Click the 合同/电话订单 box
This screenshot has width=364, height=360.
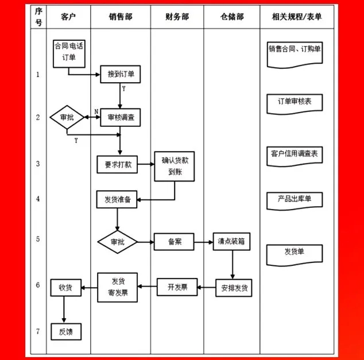(x=69, y=53)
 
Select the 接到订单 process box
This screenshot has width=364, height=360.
(x=120, y=74)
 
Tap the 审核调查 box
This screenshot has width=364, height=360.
(x=120, y=118)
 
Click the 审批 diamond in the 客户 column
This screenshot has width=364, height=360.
(x=67, y=117)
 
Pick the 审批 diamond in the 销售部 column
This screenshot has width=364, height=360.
(x=118, y=242)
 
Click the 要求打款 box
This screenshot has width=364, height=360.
(x=117, y=165)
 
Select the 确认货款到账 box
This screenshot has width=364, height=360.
(x=175, y=166)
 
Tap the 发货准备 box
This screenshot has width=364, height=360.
(x=117, y=199)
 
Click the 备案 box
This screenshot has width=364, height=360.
(x=174, y=242)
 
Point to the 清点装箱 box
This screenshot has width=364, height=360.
(x=232, y=241)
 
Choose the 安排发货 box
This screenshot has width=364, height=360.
(x=234, y=288)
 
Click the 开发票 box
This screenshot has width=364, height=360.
(x=177, y=287)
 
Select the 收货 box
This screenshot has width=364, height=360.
(x=66, y=288)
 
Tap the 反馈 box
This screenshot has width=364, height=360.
(x=66, y=332)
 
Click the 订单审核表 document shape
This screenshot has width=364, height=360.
(x=295, y=104)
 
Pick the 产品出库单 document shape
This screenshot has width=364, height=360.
(x=295, y=201)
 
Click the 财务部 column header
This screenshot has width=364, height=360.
(x=177, y=17)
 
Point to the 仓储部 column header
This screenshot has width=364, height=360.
(x=232, y=17)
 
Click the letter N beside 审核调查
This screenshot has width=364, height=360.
(x=96, y=111)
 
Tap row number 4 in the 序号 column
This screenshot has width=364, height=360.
(x=38, y=199)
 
